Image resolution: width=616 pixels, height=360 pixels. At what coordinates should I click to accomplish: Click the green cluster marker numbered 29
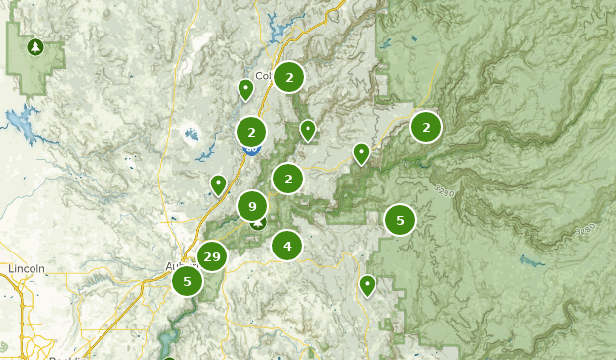click(210, 256)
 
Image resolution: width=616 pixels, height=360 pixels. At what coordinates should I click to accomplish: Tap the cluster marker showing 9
click(252, 206)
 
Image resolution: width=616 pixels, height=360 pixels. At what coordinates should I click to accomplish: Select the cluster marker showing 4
click(287, 246)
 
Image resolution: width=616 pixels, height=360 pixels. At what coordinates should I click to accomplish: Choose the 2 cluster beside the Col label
click(288, 77)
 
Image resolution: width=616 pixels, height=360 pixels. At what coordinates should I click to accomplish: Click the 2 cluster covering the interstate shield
click(251, 131)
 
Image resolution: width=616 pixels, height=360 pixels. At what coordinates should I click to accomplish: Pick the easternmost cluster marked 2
click(426, 126)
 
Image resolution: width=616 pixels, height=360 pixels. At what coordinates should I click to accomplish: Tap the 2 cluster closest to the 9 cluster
click(288, 179)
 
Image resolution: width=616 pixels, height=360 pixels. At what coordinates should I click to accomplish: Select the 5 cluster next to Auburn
click(187, 281)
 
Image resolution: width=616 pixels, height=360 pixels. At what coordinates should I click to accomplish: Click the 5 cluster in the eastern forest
click(399, 220)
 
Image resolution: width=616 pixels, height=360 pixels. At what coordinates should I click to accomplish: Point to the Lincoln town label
click(27, 268)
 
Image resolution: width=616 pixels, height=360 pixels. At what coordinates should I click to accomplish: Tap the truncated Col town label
click(262, 76)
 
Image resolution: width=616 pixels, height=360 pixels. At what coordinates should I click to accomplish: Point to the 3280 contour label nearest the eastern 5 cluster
click(444, 192)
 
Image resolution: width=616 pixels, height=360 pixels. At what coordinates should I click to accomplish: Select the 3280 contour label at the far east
click(586, 229)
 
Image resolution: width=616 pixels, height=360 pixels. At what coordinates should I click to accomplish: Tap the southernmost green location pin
click(368, 285)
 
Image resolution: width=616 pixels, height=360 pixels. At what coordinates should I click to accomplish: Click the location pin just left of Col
click(245, 89)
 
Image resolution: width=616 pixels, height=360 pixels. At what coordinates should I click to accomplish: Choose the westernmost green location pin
click(218, 183)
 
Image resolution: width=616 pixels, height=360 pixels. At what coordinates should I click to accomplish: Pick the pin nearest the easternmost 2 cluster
click(362, 153)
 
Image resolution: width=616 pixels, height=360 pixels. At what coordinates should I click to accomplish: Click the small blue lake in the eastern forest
click(531, 262)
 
